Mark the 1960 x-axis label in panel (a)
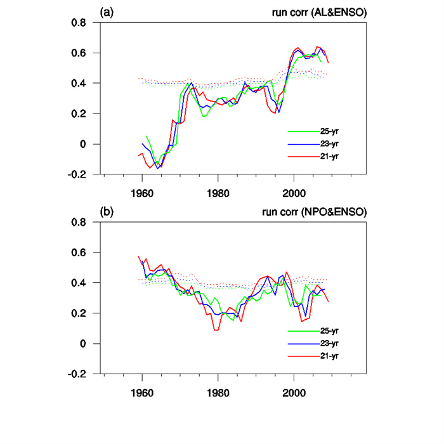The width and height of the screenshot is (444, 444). [x=142, y=191]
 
